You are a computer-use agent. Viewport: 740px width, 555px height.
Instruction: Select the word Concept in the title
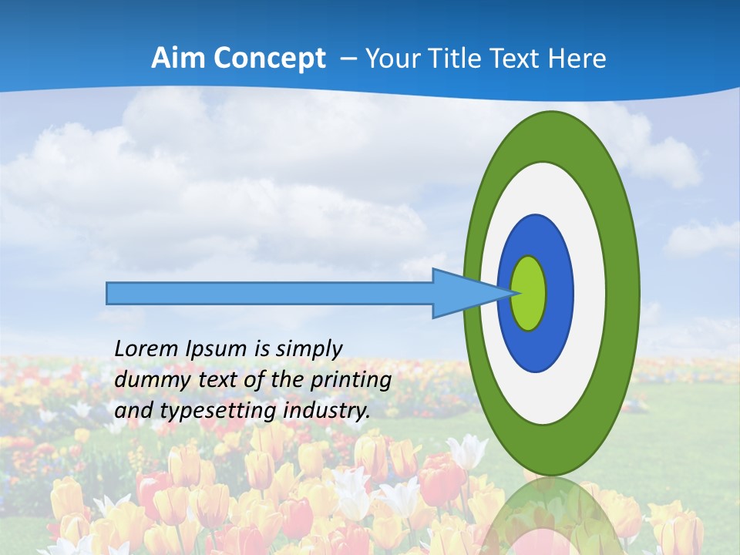pos(270,59)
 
